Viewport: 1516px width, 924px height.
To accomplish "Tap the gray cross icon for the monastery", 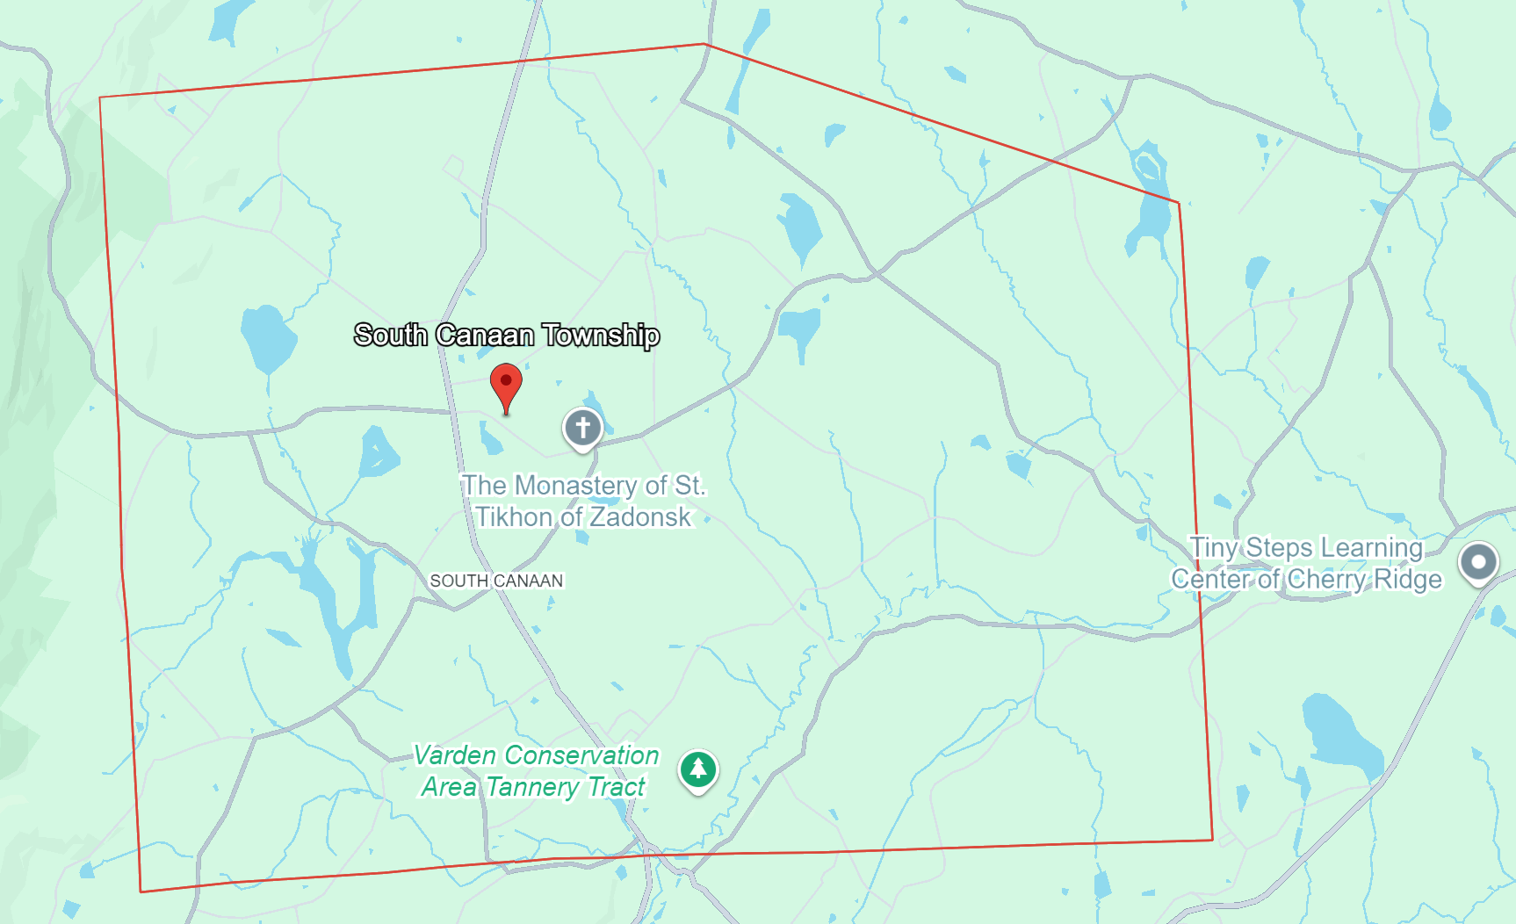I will tap(582, 428).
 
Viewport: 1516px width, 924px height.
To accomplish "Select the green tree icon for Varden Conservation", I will tap(698, 769).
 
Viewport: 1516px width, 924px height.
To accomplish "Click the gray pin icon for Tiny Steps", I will tap(1478, 562).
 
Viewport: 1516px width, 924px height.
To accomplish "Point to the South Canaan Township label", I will tap(507, 335).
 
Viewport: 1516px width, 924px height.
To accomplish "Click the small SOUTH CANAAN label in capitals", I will tap(496, 581).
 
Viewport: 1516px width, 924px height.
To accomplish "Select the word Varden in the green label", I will tap(455, 755).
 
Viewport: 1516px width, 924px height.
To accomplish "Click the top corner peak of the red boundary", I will tap(705, 44).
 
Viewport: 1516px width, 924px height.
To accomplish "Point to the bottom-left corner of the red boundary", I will tap(141, 892).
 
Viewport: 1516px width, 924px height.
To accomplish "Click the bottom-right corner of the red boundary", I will tap(1213, 840).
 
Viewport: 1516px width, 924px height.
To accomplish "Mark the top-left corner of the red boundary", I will tap(100, 97).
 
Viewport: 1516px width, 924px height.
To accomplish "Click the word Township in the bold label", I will tap(601, 335).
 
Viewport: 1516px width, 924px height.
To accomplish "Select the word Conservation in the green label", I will tap(581, 755).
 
